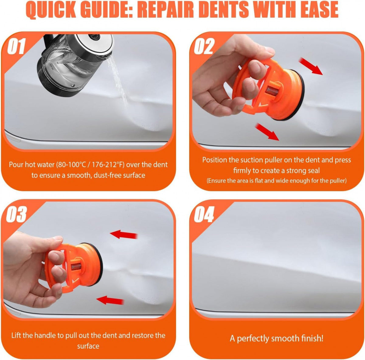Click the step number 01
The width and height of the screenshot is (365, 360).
16,46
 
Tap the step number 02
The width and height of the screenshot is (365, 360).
204,46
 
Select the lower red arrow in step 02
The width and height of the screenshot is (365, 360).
267,132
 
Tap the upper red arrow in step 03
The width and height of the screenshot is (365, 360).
123,235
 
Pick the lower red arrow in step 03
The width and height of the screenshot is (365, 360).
110,300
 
